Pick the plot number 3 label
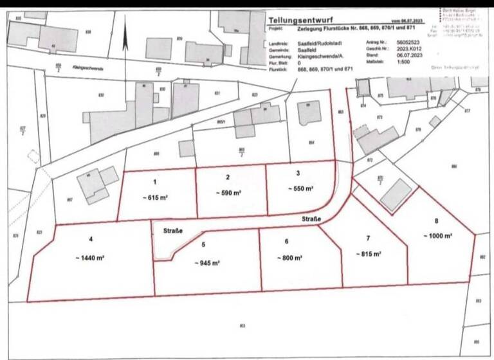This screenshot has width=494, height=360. (x=298, y=173)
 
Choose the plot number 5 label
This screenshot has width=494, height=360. (x=203, y=245)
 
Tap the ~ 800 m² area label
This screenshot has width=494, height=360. (x=288, y=257)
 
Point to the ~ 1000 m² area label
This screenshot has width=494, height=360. (x=437, y=236)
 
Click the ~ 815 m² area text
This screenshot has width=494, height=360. (x=369, y=255)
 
